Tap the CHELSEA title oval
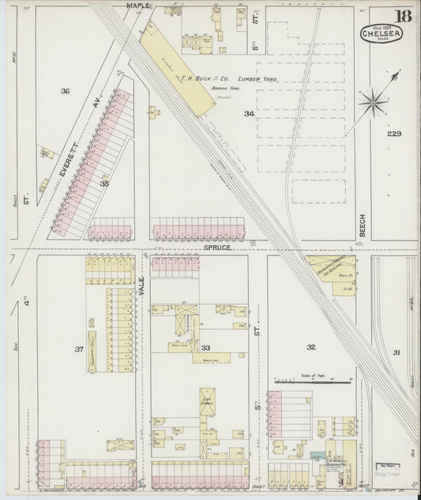[381, 33]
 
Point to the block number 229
[394, 134]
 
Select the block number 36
[65, 92]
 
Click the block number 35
[104, 183]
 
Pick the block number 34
[249, 114]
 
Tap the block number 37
[79, 349]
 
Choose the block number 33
[206, 347]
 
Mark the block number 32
[311, 347]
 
